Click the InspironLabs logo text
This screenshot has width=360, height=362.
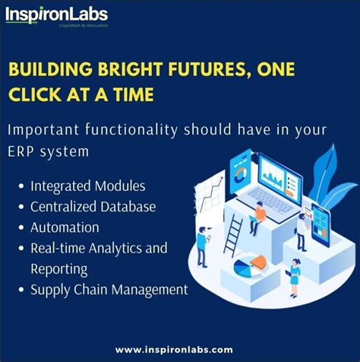tap(57, 14)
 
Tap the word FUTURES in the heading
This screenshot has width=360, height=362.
tap(198, 70)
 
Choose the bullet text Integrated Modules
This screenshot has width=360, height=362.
tap(88, 185)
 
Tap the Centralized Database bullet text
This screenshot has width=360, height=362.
tap(93, 206)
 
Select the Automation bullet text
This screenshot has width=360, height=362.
tap(65, 227)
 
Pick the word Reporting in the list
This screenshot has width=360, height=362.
tap(59, 268)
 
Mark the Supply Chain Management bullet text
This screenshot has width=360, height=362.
tap(109, 289)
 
